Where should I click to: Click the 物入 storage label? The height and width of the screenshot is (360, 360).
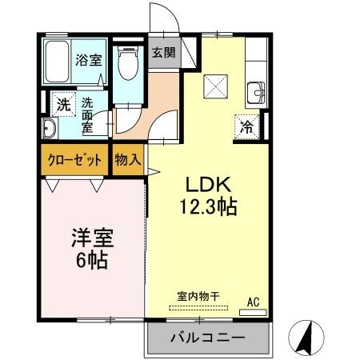click(127, 160)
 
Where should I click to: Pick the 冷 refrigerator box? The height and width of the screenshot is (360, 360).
click(246, 126)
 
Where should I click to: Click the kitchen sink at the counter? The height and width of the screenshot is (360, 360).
click(258, 90)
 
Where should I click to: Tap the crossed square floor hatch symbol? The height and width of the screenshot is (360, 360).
click(217, 85)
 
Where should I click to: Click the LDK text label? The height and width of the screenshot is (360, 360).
click(206, 183)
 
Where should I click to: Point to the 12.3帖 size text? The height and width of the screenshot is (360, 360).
click(206, 206)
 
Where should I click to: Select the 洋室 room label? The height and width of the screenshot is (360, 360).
click(92, 238)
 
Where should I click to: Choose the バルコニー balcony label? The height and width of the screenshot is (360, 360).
click(207, 338)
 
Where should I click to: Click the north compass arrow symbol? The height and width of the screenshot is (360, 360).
click(304, 337)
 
